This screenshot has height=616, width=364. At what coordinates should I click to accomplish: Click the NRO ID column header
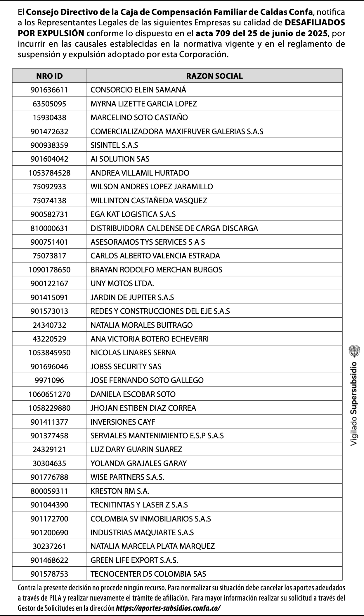click(49, 76)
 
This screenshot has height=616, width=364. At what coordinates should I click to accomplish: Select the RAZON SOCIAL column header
click(214, 76)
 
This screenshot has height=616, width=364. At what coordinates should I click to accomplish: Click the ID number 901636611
click(49, 90)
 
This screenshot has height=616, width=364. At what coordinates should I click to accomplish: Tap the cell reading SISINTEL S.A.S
click(114, 145)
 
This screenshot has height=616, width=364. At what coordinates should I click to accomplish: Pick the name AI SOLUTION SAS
click(120, 159)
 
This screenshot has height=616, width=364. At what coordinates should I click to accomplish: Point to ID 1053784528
click(49, 173)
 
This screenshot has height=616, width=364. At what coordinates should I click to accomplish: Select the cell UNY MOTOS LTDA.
click(122, 283)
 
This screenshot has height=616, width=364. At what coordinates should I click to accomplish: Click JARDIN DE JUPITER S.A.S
click(132, 297)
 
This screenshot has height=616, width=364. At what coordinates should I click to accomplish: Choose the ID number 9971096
click(49, 380)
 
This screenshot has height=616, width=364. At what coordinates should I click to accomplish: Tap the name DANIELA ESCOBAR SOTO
click(133, 394)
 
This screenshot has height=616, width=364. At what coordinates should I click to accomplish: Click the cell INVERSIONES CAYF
click(123, 422)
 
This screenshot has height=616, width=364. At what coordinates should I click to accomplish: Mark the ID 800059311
click(49, 491)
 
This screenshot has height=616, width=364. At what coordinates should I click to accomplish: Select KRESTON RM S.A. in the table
click(120, 491)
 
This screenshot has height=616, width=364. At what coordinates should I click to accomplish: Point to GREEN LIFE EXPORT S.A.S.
click(134, 560)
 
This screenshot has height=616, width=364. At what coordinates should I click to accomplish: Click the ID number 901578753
click(49, 574)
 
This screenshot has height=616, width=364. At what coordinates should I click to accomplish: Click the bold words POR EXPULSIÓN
click(51, 33)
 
